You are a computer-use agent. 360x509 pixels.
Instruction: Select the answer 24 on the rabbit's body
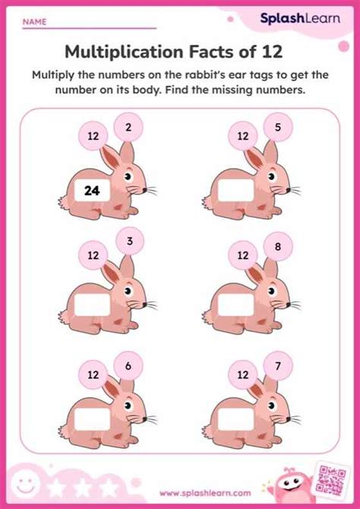(93, 192)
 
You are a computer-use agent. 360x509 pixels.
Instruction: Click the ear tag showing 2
(128, 127)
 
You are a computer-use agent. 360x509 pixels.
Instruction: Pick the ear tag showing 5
(278, 127)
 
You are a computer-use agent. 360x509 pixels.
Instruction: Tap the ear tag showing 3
(130, 242)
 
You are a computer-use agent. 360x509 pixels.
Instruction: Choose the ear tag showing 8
(279, 245)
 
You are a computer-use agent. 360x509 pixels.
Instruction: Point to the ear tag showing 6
(128, 365)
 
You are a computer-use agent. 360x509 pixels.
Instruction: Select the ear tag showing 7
(279, 365)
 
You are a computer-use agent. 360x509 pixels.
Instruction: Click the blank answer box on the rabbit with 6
(93, 419)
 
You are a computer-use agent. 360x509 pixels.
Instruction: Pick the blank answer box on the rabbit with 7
(235, 419)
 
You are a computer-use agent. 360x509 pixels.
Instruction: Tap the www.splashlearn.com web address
(180, 494)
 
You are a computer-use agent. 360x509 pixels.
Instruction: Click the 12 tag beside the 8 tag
(243, 256)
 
